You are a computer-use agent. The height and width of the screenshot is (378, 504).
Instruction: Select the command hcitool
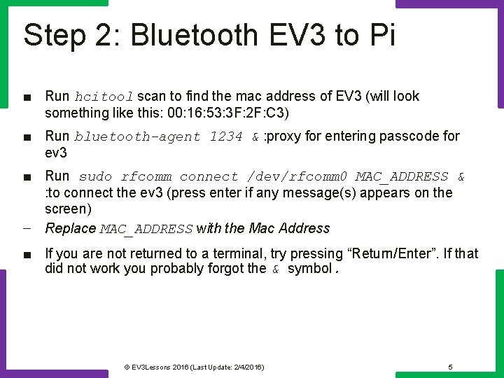104,97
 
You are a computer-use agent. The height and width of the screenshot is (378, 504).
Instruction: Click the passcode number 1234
226,136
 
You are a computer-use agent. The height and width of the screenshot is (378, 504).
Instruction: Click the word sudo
95,176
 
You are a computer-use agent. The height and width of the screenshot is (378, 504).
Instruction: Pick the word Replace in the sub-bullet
70,228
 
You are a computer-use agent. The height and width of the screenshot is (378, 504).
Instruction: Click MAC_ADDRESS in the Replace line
146,229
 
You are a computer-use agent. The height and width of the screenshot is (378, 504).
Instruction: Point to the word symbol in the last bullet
309,268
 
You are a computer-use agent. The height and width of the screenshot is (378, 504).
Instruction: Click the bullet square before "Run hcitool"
26,97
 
